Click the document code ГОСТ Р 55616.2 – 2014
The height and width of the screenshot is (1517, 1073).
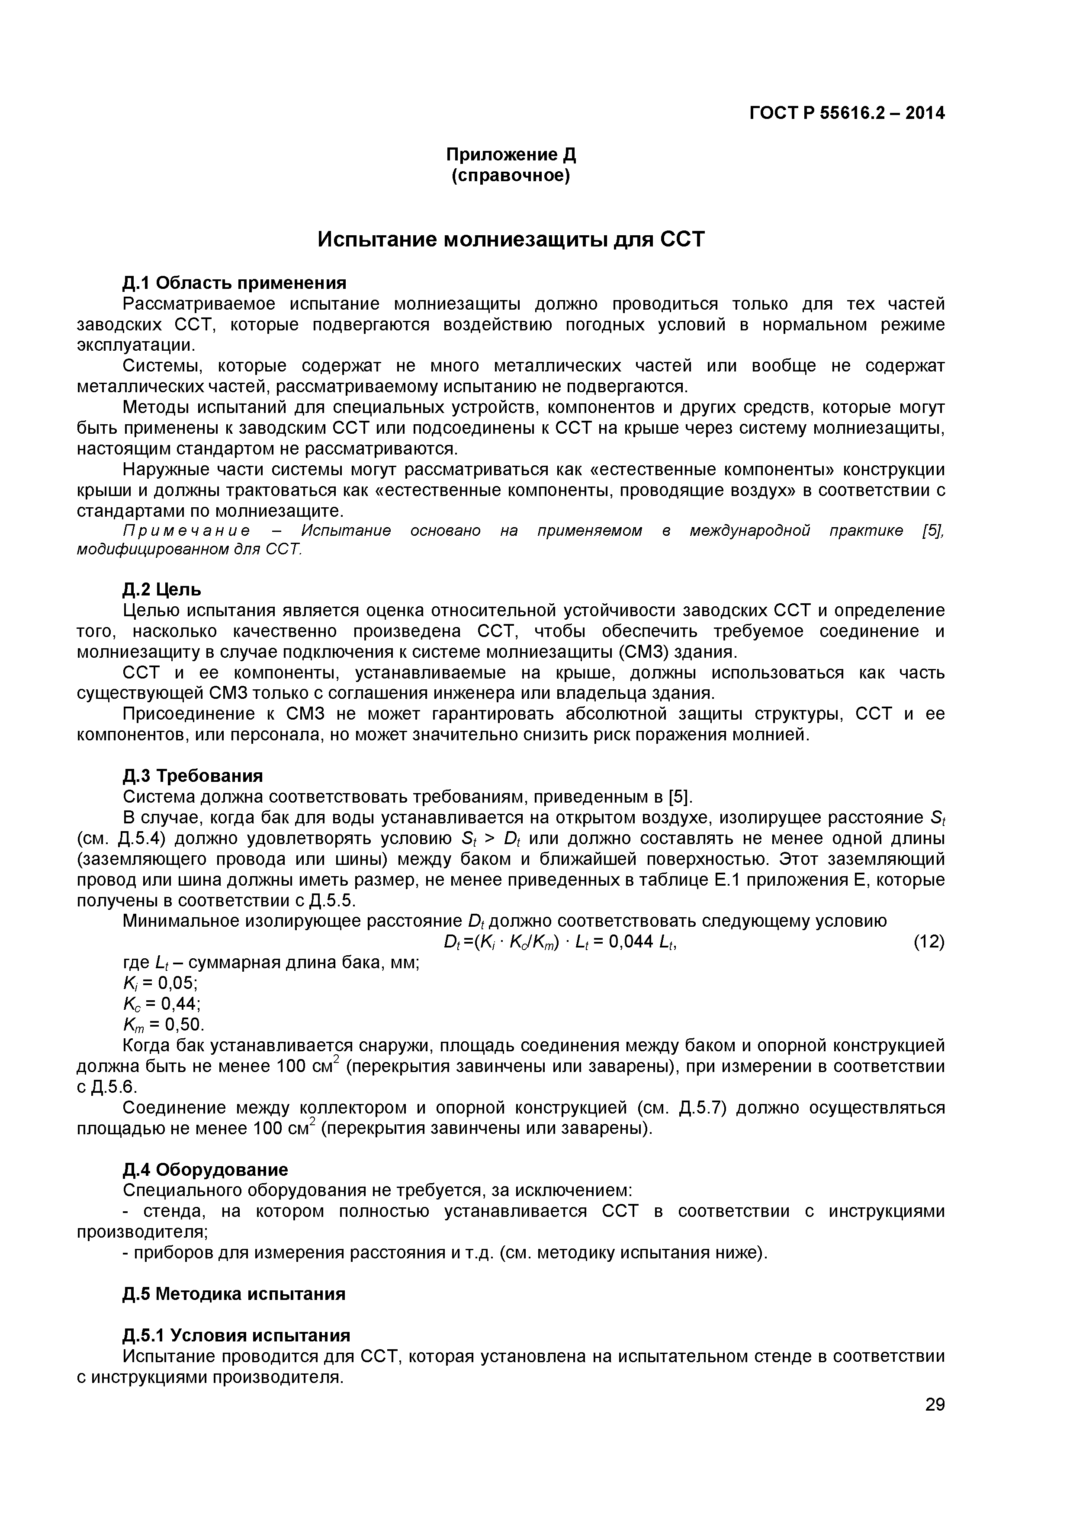click(847, 114)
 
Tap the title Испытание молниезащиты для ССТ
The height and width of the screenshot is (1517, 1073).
click(511, 239)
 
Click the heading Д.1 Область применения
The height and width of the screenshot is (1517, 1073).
click(234, 283)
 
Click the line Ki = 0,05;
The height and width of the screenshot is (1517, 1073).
click(160, 983)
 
